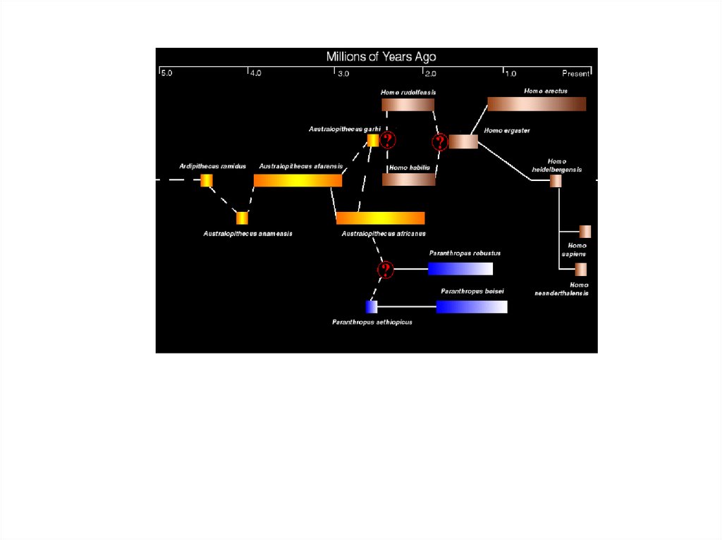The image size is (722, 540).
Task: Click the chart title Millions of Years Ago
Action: coord(381,57)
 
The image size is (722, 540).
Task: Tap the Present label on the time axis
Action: coord(575,73)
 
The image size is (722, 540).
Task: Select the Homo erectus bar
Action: coord(537,104)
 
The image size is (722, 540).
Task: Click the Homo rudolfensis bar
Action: coord(408,105)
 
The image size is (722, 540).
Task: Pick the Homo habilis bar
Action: coord(408,180)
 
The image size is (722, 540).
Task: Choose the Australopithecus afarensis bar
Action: coord(298,180)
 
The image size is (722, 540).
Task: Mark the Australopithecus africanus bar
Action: coord(380,218)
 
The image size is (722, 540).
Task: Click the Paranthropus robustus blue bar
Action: coord(460,268)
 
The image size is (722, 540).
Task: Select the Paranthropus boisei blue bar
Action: coord(471,306)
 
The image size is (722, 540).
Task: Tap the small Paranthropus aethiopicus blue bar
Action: coord(372,306)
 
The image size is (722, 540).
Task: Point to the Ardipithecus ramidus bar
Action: coord(207,180)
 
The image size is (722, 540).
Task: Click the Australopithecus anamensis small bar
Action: coord(242,218)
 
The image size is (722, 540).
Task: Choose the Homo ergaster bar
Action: coord(463,142)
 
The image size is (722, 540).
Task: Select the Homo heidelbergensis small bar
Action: coord(556,181)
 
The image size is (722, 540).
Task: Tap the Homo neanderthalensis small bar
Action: coord(581,269)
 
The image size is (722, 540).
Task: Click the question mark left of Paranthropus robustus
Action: coord(385,269)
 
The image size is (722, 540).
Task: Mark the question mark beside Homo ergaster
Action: coord(440,142)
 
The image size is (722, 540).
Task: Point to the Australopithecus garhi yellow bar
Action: coord(373,141)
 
